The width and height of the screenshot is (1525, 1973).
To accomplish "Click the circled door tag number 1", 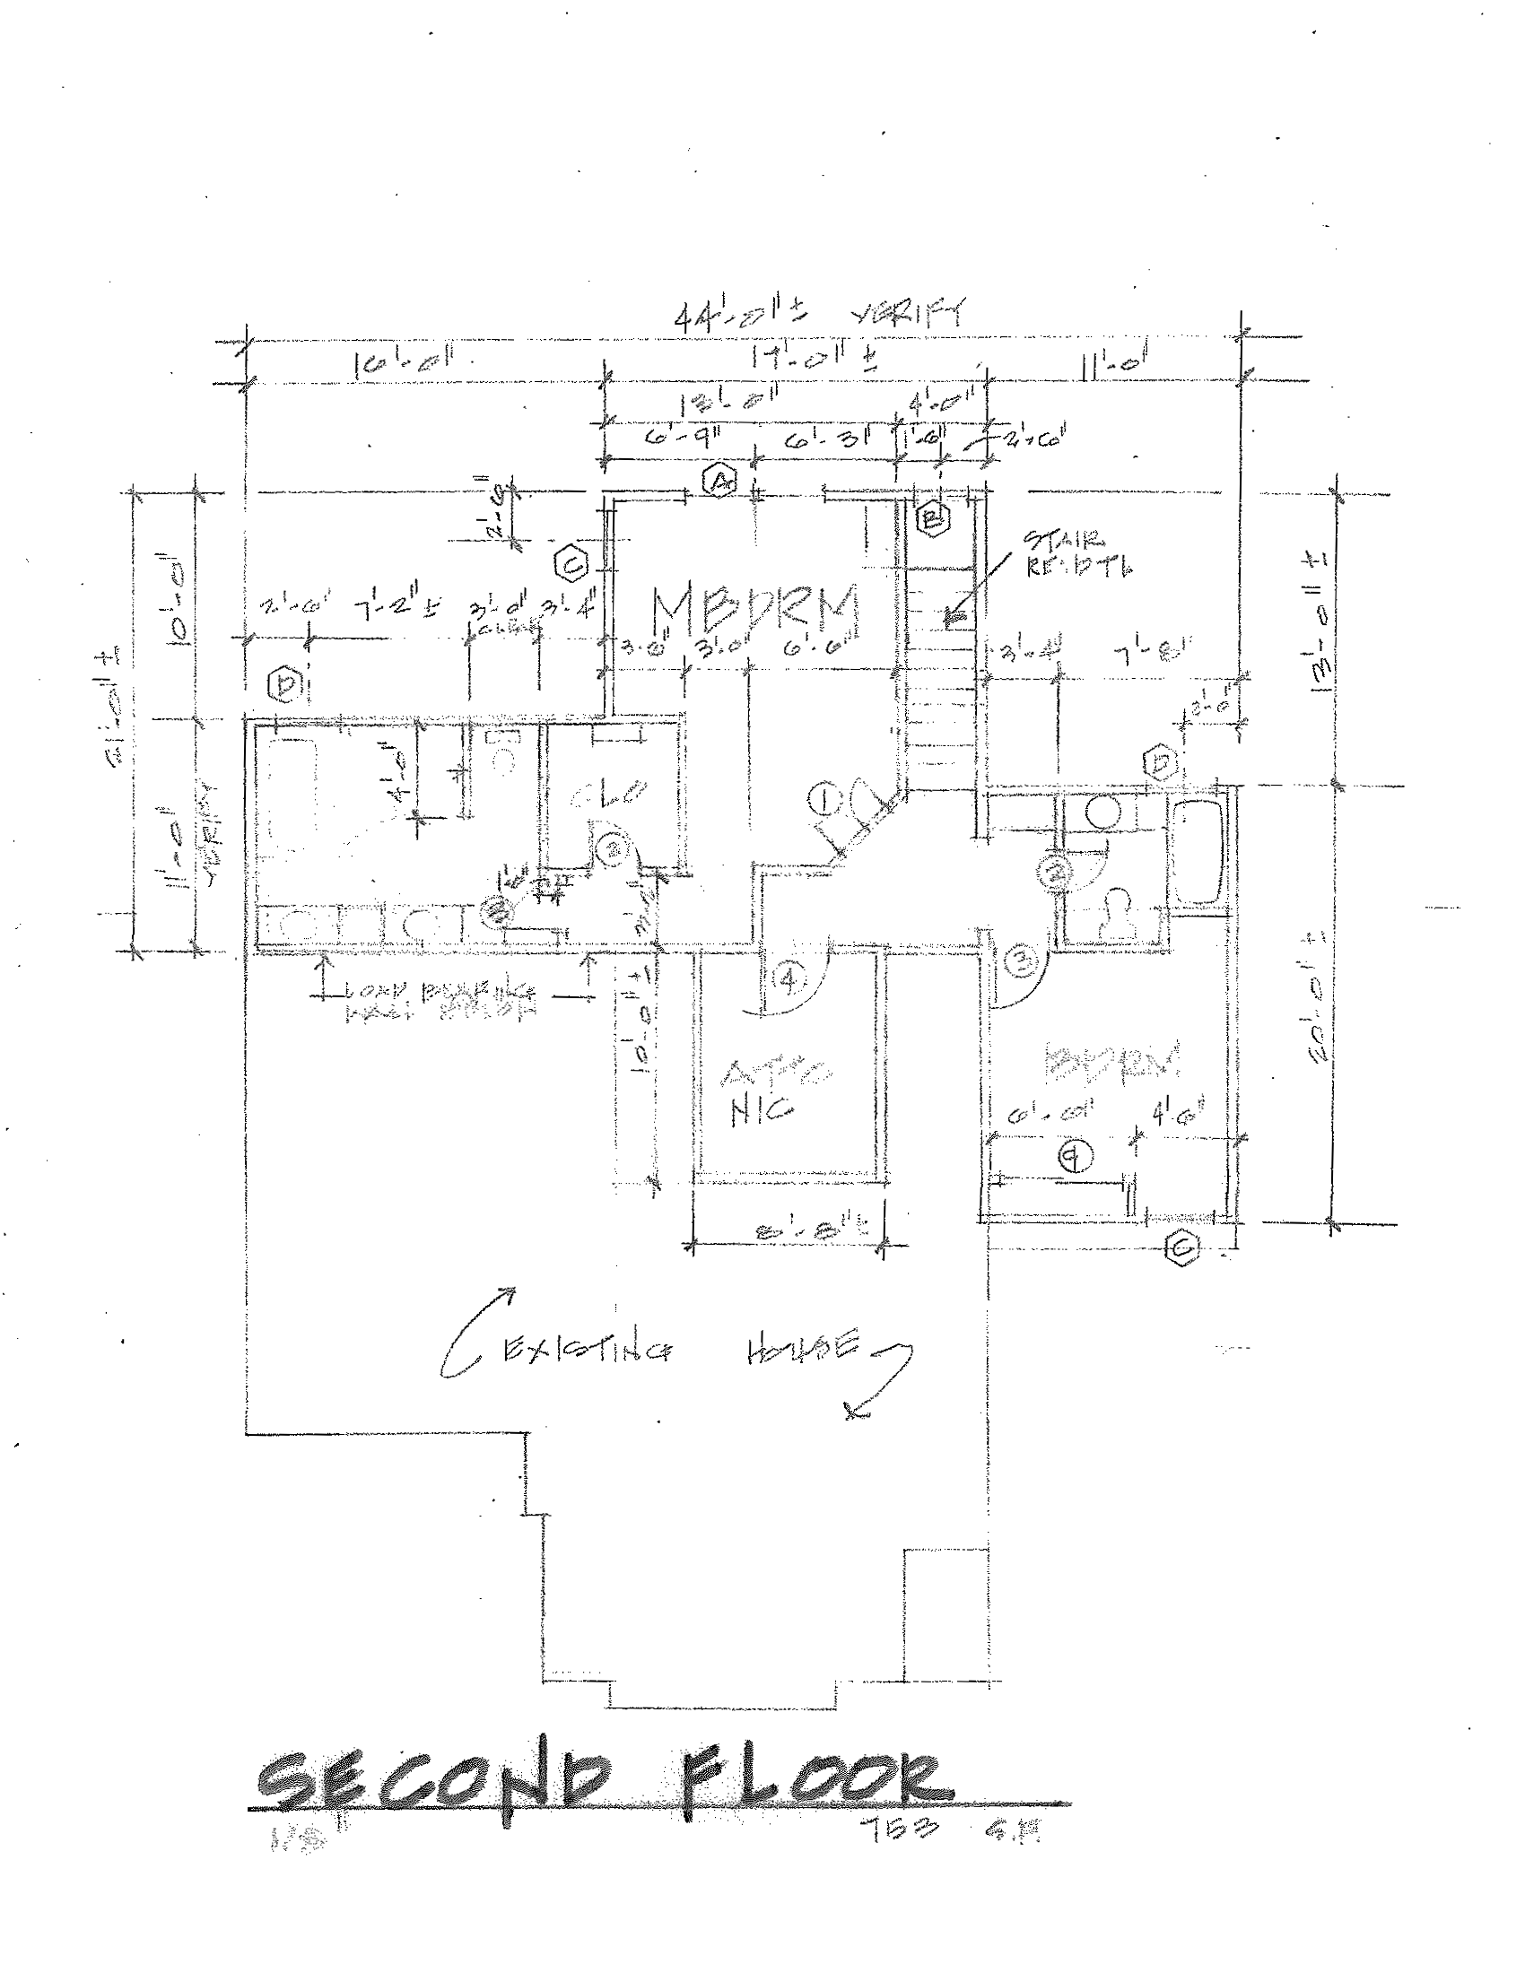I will click(823, 798).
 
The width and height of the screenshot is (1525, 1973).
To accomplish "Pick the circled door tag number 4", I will click(789, 979).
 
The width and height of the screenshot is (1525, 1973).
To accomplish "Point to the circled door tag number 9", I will click(1075, 1156).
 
